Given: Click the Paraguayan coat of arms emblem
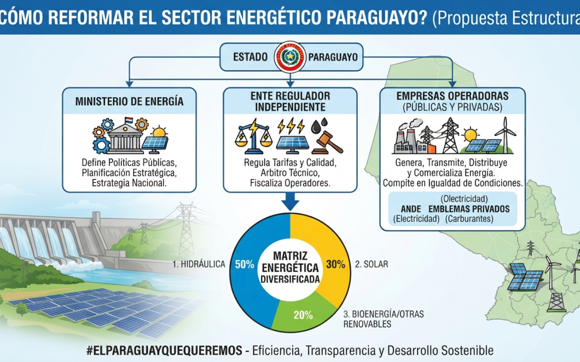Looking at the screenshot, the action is point(291,57).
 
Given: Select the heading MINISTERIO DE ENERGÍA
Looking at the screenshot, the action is point(129,101).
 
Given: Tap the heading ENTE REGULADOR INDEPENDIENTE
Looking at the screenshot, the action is point(291,101).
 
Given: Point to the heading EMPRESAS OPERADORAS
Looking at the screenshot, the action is point(452,96).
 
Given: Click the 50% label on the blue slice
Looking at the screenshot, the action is point(244,264).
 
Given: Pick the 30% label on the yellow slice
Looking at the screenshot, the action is point(336,264).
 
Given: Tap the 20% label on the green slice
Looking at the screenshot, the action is point(303,315).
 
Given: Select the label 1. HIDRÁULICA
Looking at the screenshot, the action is point(199,264).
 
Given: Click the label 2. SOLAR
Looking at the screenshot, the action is point(372,264).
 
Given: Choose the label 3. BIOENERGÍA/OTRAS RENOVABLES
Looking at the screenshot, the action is point(383,319).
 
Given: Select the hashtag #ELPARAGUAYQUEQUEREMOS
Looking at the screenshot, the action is point(164,351).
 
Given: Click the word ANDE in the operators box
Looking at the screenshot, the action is point(411,209).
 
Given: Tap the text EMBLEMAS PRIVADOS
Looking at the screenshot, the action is point(469,209).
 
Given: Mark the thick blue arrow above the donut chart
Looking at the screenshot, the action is point(291,201).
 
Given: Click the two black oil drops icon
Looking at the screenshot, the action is point(320,125).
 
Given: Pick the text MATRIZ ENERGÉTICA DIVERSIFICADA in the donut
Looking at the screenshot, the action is point(290,268).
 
